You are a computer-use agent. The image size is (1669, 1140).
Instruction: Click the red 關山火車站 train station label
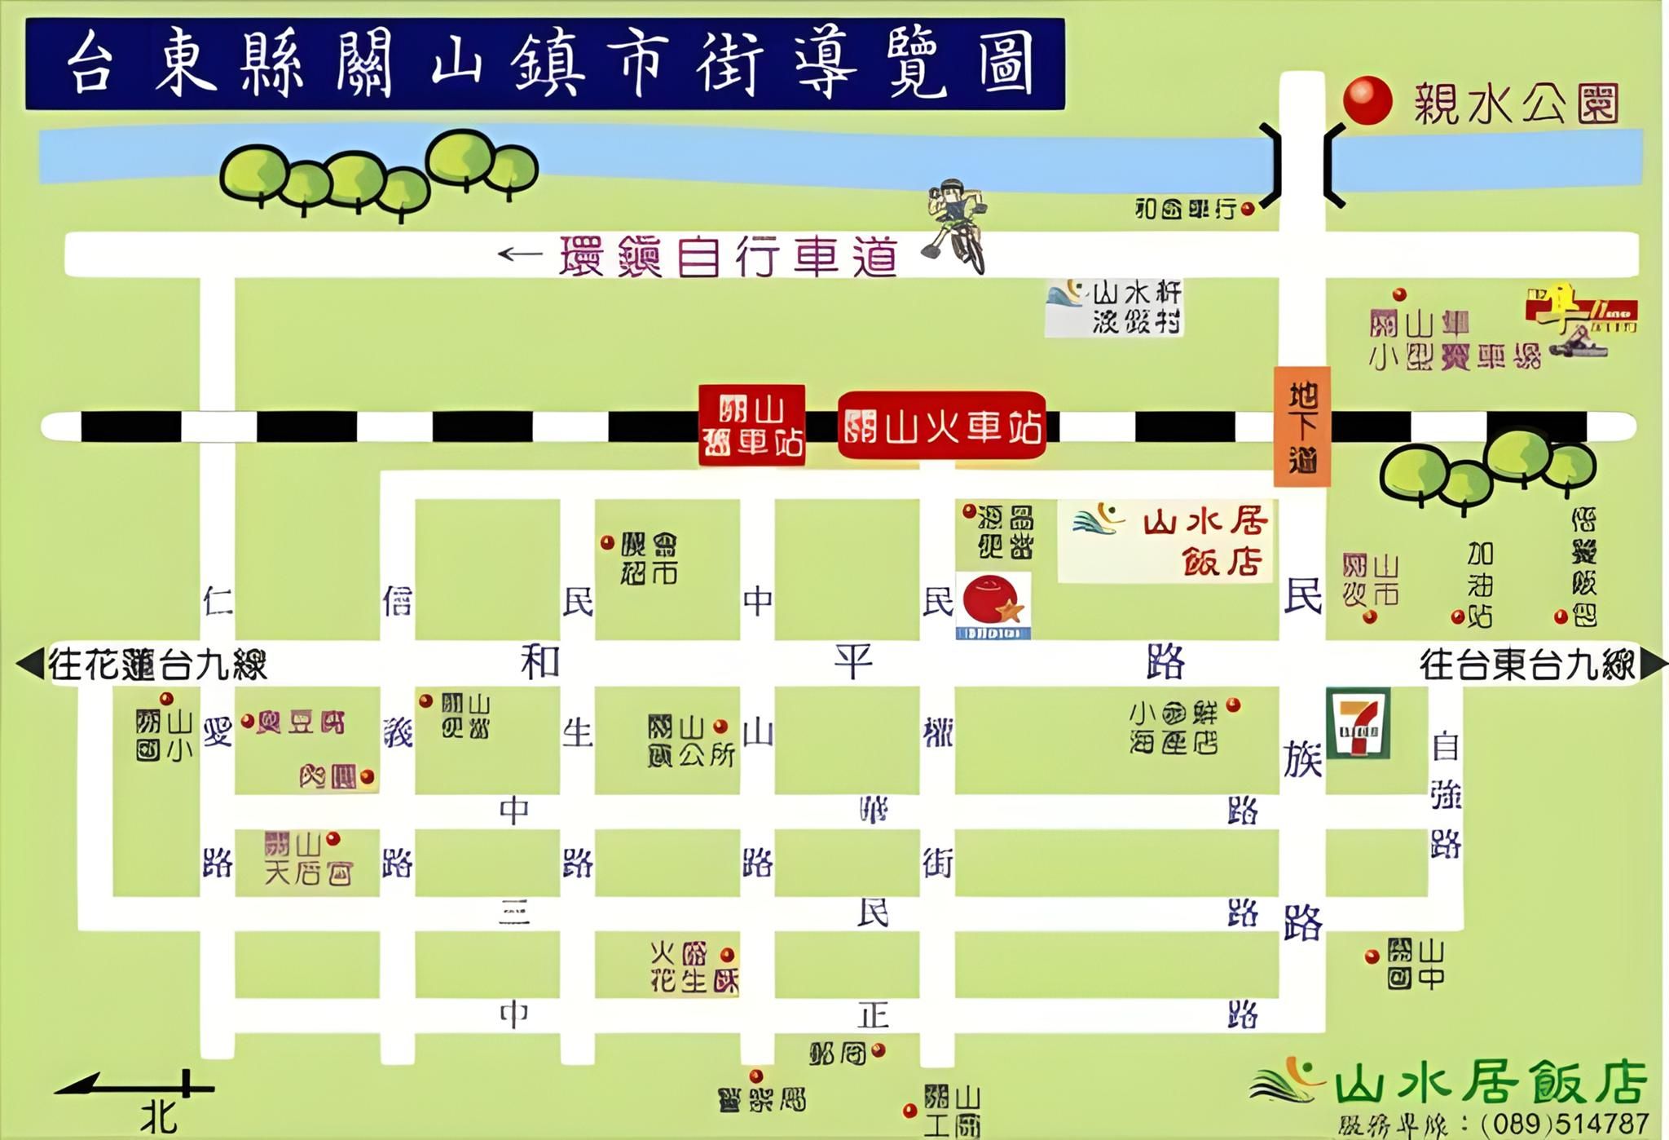pyautogui.click(x=942, y=426)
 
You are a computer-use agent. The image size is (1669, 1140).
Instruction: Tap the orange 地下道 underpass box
pyautogui.click(x=1302, y=426)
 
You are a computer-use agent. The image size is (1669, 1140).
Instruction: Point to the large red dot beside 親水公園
pyautogui.click(x=1367, y=101)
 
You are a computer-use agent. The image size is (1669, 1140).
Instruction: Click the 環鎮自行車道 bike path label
pyautogui.click(x=729, y=257)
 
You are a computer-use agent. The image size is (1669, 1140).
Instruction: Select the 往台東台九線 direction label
pyautogui.click(x=1527, y=664)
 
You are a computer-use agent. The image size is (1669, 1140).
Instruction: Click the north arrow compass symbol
pyautogui.click(x=139, y=1089)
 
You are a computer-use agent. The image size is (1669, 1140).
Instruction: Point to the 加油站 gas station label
pyautogui.click(x=1479, y=585)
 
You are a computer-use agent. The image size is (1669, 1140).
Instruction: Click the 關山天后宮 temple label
pyautogui.click(x=308, y=859)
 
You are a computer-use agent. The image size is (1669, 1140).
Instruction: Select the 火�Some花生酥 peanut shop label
pyautogui.click(x=693, y=967)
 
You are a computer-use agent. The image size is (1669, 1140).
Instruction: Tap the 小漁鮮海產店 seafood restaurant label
pyautogui.click(x=1174, y=727)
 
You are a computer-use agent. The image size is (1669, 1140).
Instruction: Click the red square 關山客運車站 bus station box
pyautogui.click(x=751, y=426)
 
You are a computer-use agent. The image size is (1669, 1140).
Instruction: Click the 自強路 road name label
pyautogui.click(x=1445, y=795)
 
